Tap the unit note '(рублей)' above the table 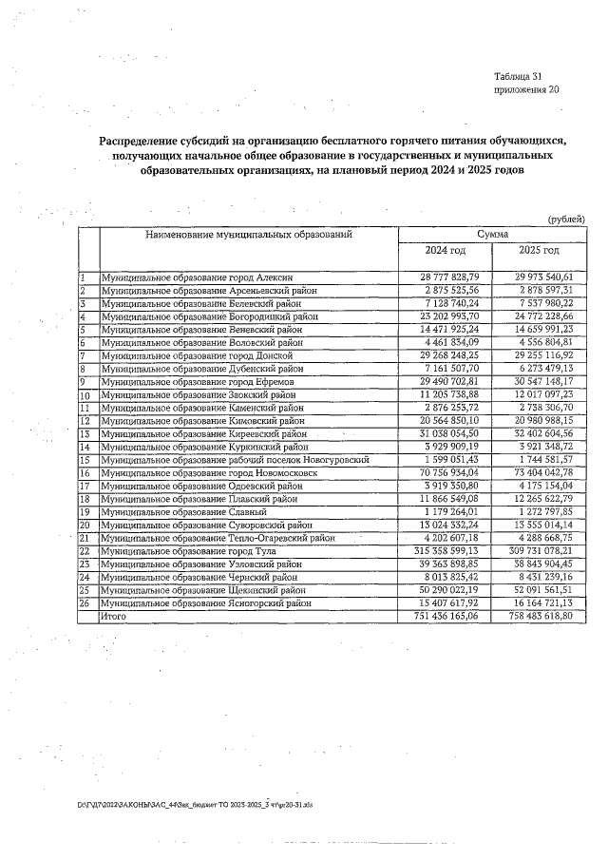[567, 220]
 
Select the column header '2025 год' [539, 250]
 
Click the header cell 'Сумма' [492, 233]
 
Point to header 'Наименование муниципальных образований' [249, 233]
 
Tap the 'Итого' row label [114, 617]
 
